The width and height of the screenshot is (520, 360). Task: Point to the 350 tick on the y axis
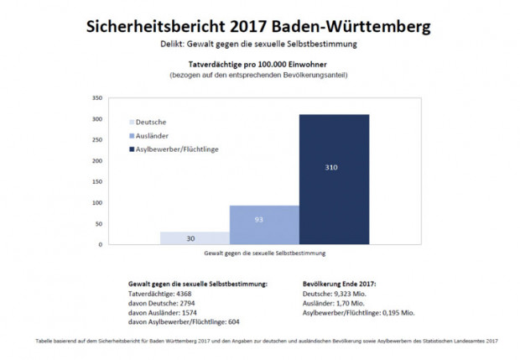(96, 98)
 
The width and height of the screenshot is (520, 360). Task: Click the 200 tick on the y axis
(96, 161)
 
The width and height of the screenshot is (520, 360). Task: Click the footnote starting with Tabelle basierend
(260, 342)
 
